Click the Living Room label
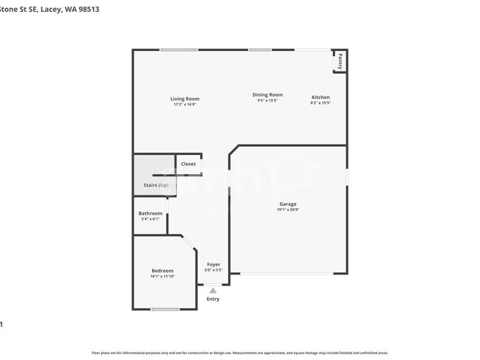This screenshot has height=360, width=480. tap(185, 99)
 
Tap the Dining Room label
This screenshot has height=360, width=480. tap(267, 94)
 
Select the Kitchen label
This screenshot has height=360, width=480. tap(320, 97)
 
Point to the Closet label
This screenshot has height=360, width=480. tap(188, 164)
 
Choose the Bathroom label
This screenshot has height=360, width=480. tap(150, 213)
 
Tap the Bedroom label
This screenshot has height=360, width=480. tap(162, 271)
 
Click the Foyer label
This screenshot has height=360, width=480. tap(213, 264)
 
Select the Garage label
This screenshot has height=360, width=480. tap(287, 204)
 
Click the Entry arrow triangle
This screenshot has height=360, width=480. tap(213, 291)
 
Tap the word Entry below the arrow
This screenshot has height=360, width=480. tap(213, 299)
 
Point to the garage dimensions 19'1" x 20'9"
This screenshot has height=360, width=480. tap(287, 210)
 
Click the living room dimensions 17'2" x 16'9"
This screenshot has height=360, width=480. tap(185, 105)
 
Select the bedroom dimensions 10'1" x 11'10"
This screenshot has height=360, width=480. tap(162, 277)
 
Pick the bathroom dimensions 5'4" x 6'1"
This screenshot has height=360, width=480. tap(150, 219)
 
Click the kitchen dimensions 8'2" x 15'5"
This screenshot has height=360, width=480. tap(320, 103)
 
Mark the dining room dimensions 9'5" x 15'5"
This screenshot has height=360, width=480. tap(267, 100)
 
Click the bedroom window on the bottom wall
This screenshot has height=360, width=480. tap(165, 308)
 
